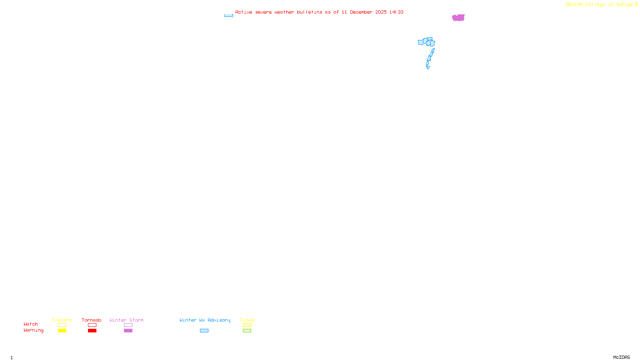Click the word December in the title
[x=361, y=12]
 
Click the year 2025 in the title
[x=381, y=12]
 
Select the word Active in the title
[x=244, y=12]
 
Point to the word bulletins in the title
[x=310, y=12]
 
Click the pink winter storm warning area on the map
[x=458, y=18]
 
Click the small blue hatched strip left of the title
[x=228, y=16]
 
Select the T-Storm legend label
[x=62, y=320]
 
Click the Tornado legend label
[x=92, y=320]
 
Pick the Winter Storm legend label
[x=126, y=320]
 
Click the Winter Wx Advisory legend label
[x=205, y=320]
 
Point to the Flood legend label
[x=247, y=320]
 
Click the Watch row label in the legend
[x=31, y=324]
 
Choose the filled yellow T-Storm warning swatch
[x=62, y=331]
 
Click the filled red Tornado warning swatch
[x=92, y=331]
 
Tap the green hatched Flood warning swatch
[x=247, y=331]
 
